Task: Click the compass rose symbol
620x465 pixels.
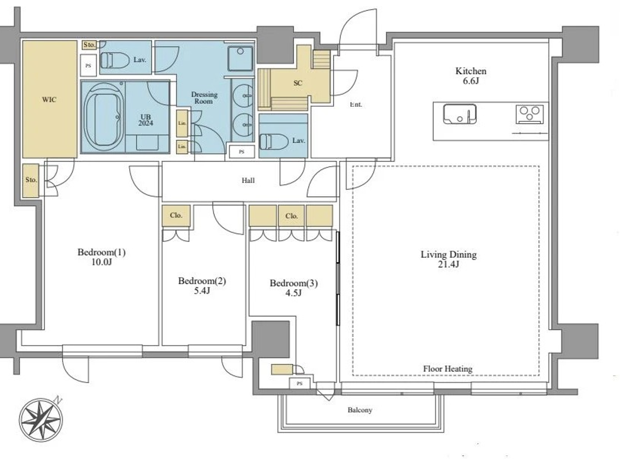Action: [x=40, y=419]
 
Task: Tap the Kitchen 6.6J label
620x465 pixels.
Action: [x=471, y=76]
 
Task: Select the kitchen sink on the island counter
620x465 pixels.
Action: [x=460, y=114]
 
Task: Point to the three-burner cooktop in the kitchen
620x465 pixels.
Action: [x=530, y=113]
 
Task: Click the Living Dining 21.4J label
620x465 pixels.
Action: [x=448, y=259]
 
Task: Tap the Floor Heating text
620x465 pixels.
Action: [x=447, y=368]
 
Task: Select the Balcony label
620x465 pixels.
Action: [x=360, y=410]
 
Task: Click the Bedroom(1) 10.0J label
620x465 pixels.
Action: [x=101, y=257]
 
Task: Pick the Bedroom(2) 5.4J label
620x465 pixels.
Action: [x=202, y=286]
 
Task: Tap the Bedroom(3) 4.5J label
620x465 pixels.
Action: [x=294, y=287]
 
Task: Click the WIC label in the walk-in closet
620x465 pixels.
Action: [x=49, y=100]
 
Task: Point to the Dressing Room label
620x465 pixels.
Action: [x=204, y=97]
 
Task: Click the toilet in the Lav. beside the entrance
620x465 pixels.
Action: [x=267, y=141]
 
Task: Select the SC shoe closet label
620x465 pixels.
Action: [x=298, y=83]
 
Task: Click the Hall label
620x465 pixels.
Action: [x=248, y=180]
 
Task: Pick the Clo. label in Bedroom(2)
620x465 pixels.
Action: [x=176, y=215]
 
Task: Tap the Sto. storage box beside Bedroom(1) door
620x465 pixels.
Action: [x=31, y=180]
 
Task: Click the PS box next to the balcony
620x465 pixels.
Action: [x=300, y=384]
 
